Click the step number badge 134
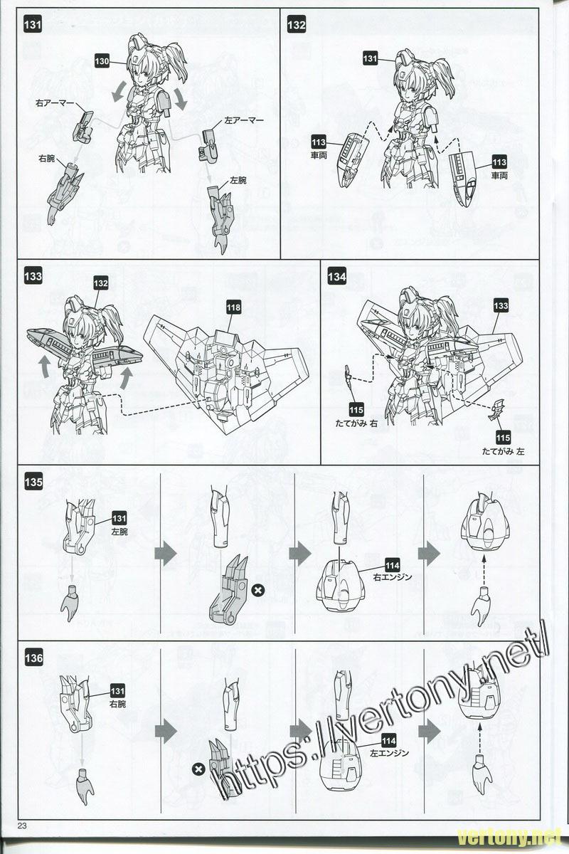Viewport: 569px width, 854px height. coord(337,277)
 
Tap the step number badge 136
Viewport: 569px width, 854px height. coord(34,659)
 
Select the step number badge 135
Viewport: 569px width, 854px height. coord(34,482)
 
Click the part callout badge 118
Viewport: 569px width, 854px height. coord(233,308)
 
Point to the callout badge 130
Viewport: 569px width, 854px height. coord(102,61)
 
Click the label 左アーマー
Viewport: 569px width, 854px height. coord(246,121)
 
